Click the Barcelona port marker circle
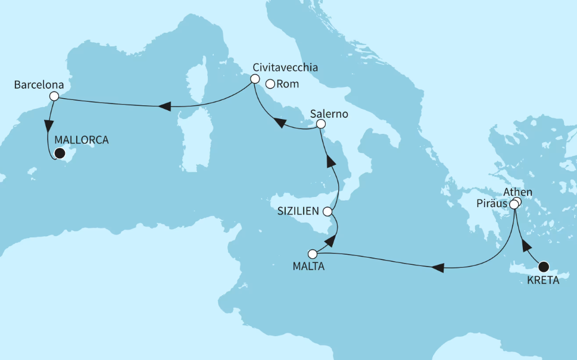coord(54,96)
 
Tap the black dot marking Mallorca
coord(59,154)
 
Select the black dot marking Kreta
coord(544,267)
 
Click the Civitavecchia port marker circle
coord(255,79)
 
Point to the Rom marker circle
coord(270,84)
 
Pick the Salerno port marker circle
coord(320,124)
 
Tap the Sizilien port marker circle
coord(328,211)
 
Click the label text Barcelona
coord(39,84)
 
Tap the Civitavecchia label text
coord(285,67)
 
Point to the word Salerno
coord(329,112)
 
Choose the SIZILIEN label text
coord(298,211)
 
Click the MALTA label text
coord(308,267)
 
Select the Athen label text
coord(517,192)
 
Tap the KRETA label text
coord(543,280)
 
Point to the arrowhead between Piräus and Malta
coord(438,268)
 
